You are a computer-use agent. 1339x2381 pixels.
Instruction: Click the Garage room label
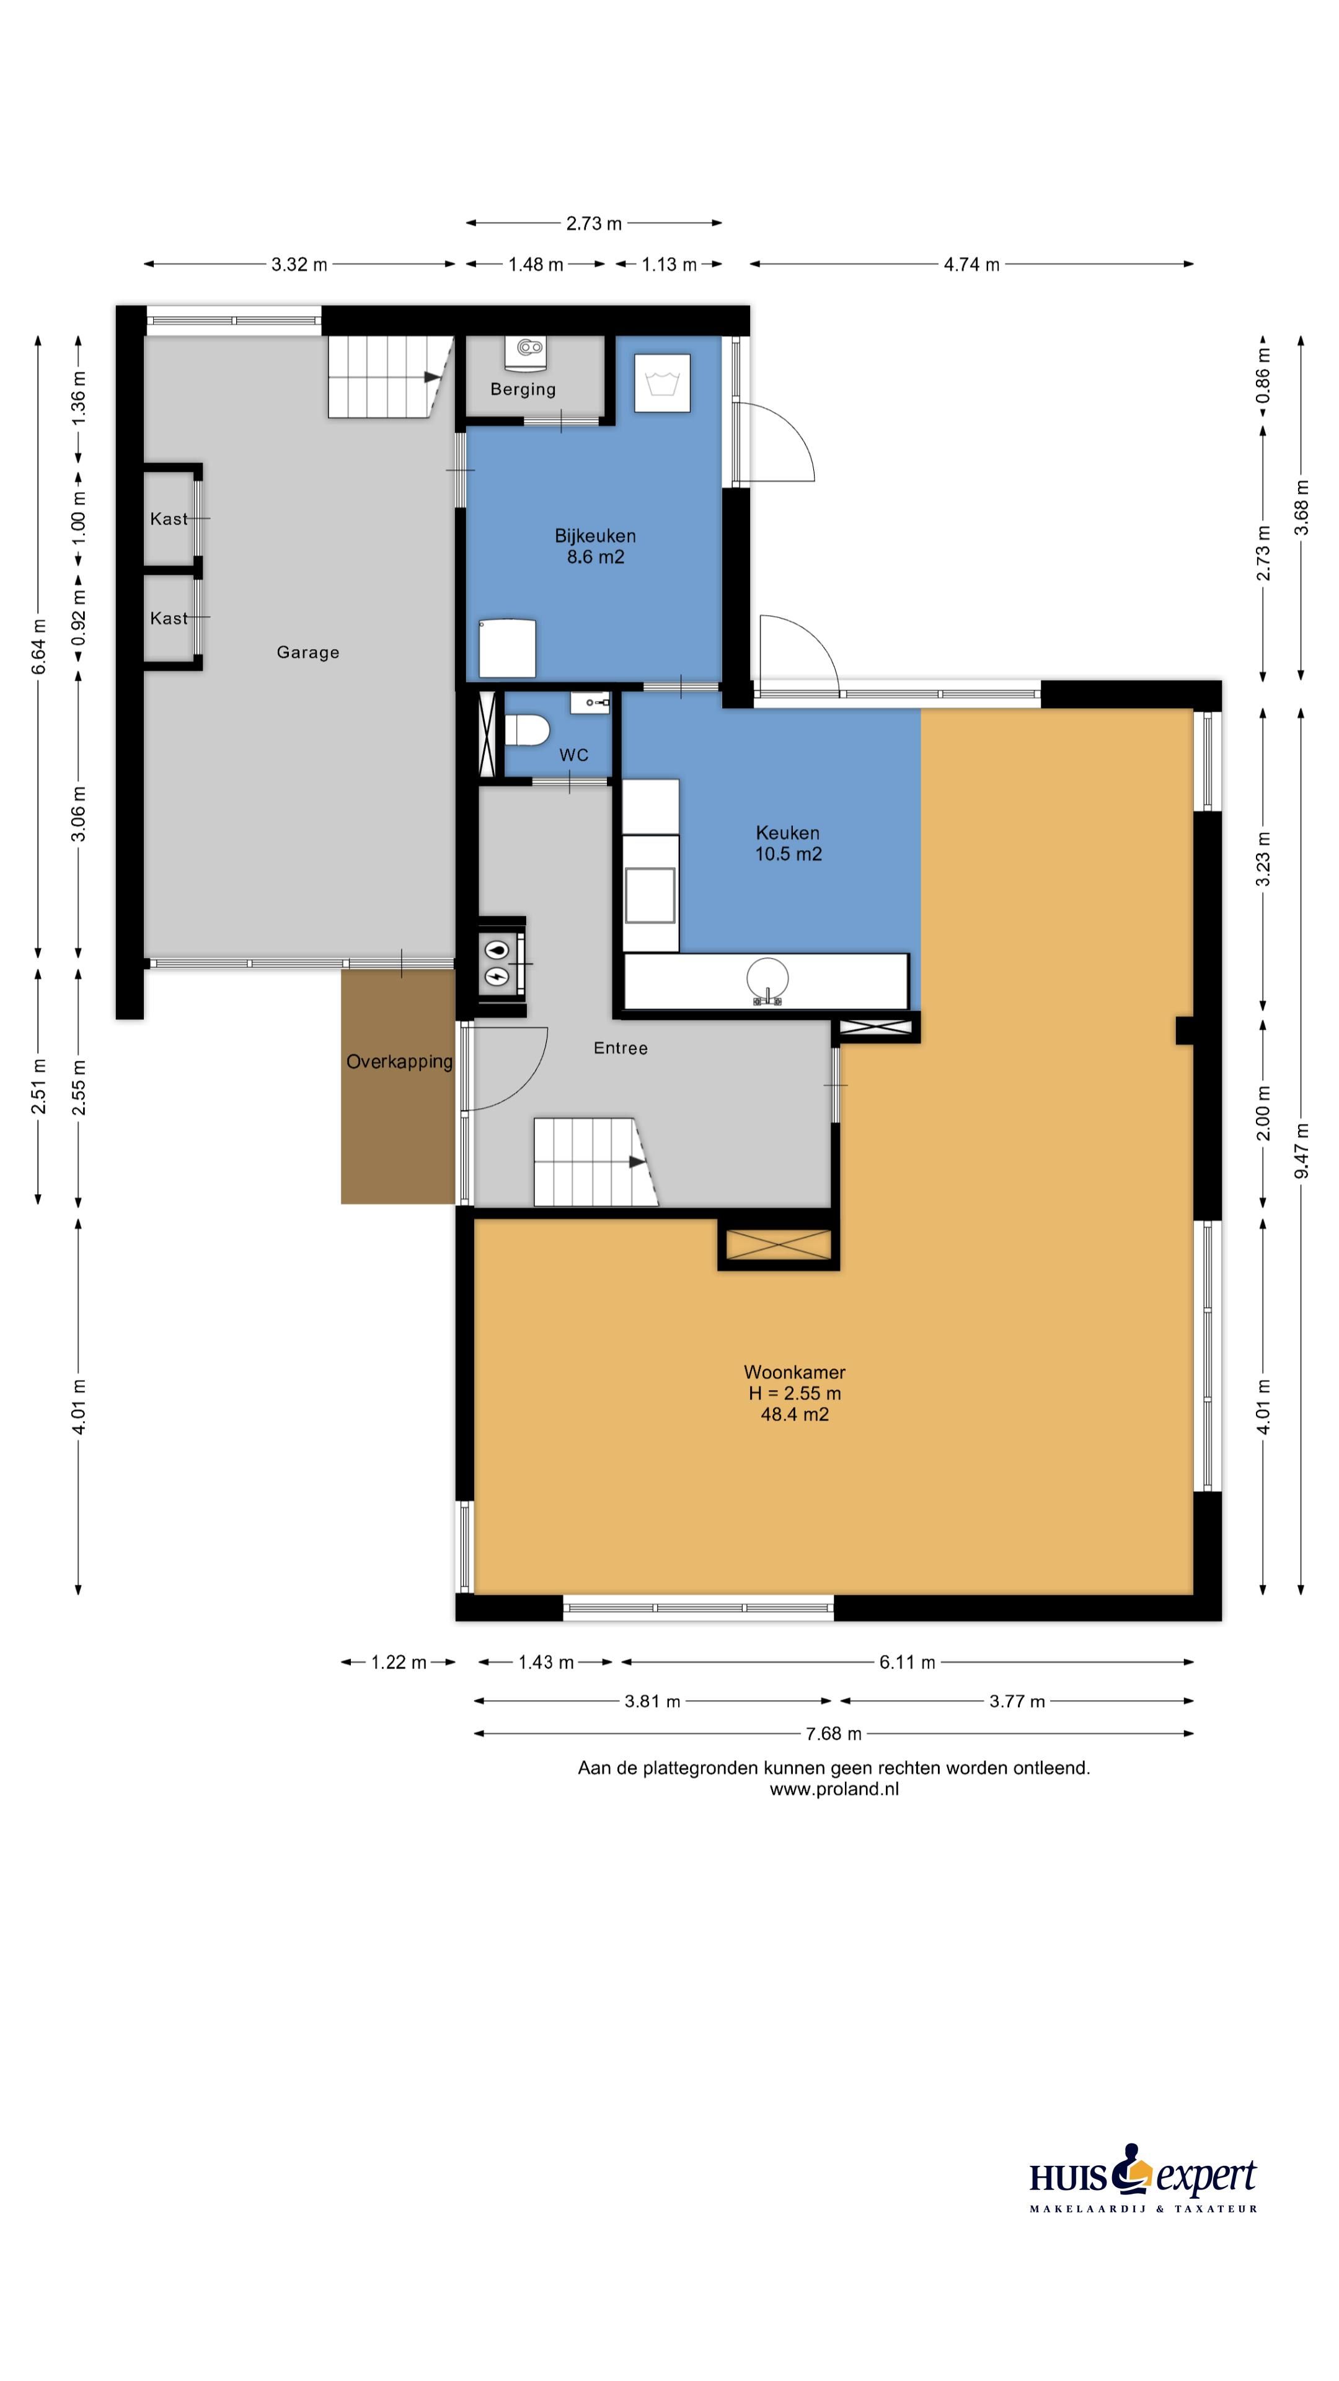(307, 652)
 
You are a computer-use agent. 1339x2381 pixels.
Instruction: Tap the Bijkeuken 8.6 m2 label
(595, 546)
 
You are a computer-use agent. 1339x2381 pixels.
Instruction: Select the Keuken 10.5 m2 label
(789, 843)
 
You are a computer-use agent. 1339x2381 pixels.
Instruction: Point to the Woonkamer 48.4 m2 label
(795, 1393)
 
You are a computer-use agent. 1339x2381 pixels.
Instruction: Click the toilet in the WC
(527, 729)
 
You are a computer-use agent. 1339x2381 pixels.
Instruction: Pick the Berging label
(523, 389)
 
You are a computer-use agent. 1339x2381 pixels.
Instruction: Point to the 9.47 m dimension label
(1301, 1151)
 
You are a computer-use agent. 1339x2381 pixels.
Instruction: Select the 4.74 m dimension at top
(971, 264)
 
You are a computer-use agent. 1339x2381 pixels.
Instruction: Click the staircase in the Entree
(595, 1162)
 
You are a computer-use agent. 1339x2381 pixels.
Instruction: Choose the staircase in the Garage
(388, 376)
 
